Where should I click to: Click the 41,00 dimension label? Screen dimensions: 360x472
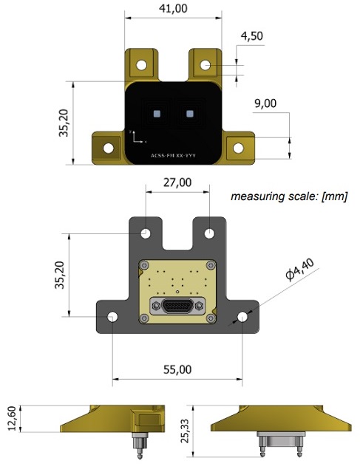pos(173,8)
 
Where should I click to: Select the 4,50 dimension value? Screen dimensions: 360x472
pos(251,36)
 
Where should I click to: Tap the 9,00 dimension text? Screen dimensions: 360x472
pos(265,103)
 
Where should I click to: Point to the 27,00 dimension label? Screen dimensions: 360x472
pos(177,182)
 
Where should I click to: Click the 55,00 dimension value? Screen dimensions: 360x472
pos(177,369)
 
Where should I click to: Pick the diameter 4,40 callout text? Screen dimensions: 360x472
pos(299,269)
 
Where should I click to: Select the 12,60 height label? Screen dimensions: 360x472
pos(12,418)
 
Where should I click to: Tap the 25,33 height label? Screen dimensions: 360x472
pos(184,431)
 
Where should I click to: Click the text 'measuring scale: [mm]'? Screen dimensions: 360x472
pos(289,196)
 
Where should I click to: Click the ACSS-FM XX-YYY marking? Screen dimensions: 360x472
pos(173,156)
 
